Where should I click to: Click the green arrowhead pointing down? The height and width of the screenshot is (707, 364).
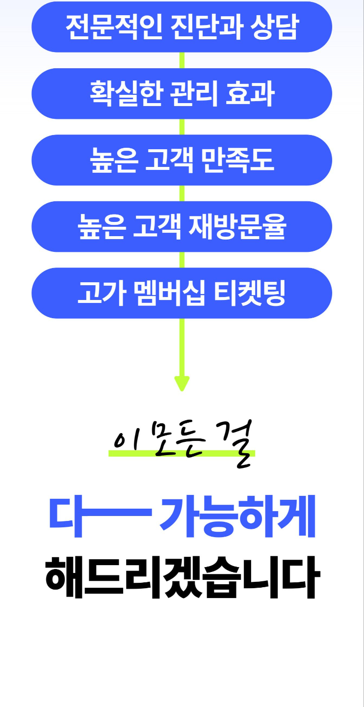coord(182,383)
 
